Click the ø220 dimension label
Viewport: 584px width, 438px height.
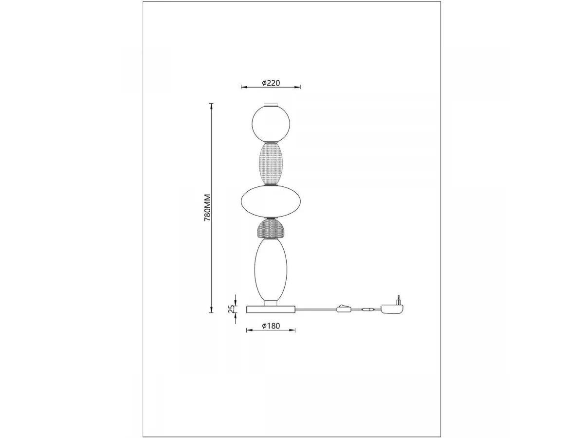pos(271,83)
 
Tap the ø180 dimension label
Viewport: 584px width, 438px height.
pos(271,326)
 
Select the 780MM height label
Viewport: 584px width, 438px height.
pos(207,208)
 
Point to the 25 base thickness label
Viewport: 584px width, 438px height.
pos(232,309)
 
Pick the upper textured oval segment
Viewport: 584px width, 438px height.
pos(271,164)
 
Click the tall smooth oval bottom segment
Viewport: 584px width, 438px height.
pos(271,270)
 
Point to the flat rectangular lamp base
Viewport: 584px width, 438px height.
pos(271,310)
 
